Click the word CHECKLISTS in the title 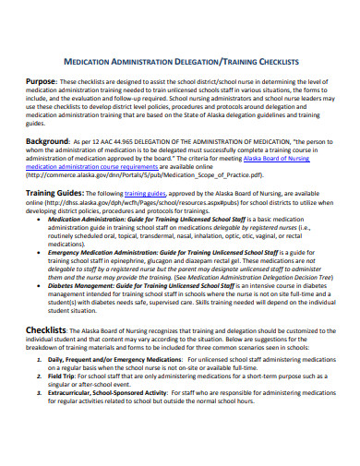point(274,61)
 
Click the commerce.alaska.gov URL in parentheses point(139,173)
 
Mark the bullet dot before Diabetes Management point(41,287)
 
